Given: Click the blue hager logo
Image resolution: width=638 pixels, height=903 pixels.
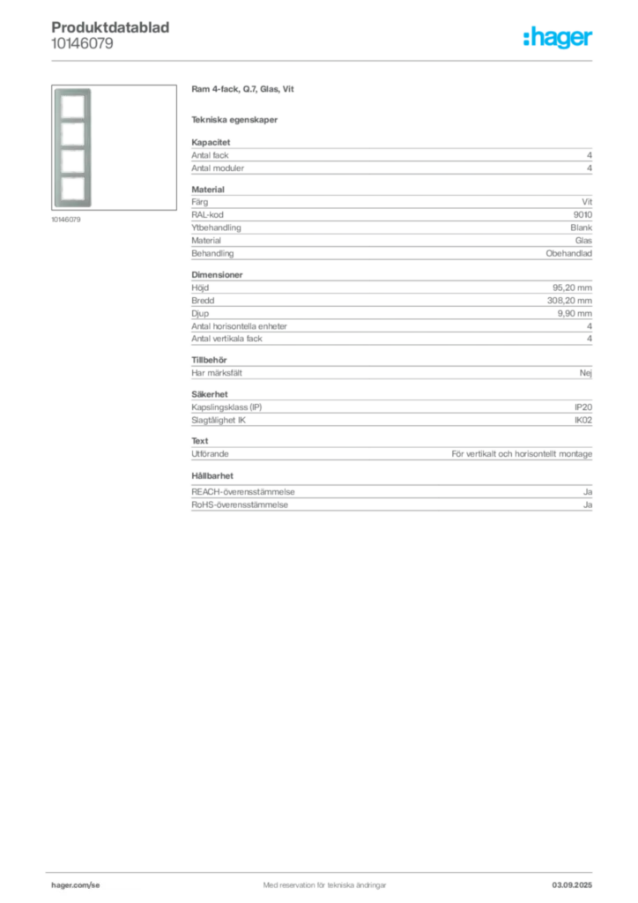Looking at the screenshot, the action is point(559,38).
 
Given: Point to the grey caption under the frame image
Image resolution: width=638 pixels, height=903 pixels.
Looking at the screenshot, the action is point(67,220).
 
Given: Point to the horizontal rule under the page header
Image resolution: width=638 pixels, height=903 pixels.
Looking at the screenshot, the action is point(323,60).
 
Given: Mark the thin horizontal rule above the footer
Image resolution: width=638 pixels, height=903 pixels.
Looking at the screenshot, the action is point(323,870).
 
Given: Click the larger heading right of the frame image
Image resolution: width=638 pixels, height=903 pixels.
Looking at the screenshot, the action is point(242,90).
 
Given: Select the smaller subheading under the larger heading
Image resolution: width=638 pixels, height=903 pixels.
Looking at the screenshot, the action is point(236,120).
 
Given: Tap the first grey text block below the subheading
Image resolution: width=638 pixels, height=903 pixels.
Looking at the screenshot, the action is point(390,158).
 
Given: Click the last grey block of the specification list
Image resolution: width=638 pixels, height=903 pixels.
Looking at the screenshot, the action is point(390,497).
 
